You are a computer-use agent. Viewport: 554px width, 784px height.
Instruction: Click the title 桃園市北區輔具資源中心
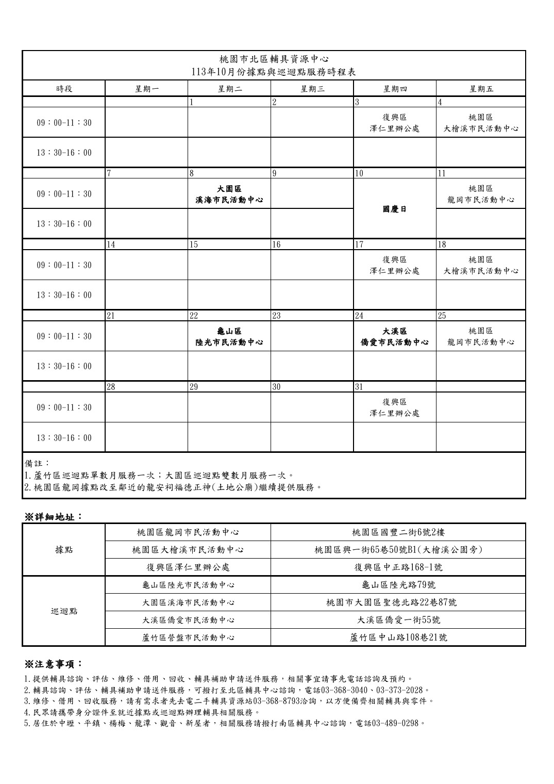(x=274, y=59)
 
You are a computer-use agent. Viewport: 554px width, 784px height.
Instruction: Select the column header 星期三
(x=312, y=88)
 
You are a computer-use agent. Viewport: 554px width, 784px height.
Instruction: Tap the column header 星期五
(x=481, y=88)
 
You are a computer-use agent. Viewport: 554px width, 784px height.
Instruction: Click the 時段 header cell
(x=64, y=88)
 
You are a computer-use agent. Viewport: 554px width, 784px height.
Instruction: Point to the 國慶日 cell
(x=394, y=209)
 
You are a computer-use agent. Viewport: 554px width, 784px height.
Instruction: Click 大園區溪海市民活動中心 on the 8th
(x=229, y=194)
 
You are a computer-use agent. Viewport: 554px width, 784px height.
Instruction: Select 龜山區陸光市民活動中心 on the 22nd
(x=229, y=336)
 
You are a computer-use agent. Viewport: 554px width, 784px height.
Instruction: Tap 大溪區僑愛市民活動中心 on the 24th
(x=394, y=336)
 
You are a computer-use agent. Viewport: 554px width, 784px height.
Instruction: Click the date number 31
(x=360, y=387)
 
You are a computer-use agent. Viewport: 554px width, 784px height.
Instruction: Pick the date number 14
(x=111, y=244)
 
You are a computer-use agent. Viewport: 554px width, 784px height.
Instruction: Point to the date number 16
(x=276, y=244)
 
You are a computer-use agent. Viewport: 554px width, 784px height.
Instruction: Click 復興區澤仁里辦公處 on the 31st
(x=394, y=407)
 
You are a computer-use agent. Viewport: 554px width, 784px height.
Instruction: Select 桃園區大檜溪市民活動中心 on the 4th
(x=481, y=123)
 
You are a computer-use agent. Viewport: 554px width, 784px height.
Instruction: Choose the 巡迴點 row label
(x=64, y=611)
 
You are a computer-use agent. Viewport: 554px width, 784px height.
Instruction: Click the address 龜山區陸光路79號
(x=398, y=585)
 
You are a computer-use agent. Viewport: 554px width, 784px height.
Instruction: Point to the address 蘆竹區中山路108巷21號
(x=398, y=638)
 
